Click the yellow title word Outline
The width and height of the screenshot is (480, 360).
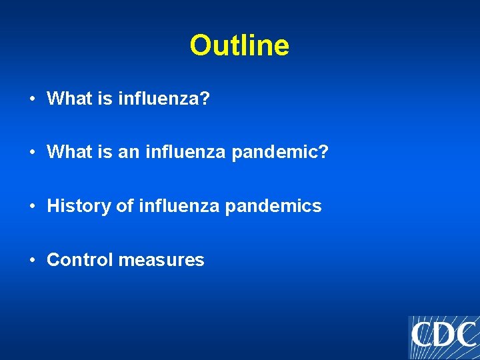point(239,46)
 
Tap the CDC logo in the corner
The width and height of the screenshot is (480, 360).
point(443,337)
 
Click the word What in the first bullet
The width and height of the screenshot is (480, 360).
point(67,99)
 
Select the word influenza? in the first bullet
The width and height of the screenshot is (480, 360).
point(163,99)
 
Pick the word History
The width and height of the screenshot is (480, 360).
point(79,206)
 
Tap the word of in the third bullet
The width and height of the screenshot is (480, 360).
point(125,206)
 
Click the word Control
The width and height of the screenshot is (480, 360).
point(80,259)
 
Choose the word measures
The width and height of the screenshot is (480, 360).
point(161,259)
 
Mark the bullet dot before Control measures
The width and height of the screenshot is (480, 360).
point(32,259)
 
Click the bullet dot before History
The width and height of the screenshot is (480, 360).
point(32,206)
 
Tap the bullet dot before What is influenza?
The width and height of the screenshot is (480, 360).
point(32,99)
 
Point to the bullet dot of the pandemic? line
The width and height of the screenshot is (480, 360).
point(32,153)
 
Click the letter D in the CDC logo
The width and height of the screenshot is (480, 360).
point(444,335)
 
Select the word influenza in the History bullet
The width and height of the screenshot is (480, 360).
point(179,206)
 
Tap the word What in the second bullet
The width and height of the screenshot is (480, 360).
point(67,153)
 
